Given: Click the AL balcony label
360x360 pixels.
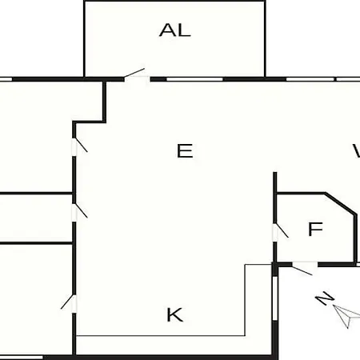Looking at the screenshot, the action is click(175, 30).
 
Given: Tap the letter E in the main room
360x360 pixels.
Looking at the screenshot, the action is click(185, 151).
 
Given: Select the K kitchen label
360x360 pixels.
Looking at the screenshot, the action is click(175, 314).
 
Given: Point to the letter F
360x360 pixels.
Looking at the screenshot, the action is click(315, 229).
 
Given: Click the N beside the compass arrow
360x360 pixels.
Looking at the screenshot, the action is click(325, 298).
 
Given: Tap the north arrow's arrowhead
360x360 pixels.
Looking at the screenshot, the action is click(346, 317).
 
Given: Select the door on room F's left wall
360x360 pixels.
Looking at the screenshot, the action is click(279, 231).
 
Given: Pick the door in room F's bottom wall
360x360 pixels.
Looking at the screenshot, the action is click(304, 268).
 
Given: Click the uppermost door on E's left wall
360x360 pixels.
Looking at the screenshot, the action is click(79, 146).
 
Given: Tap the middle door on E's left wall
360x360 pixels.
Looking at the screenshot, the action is click(79, 212).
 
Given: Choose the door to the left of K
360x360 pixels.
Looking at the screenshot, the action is click(69, 303).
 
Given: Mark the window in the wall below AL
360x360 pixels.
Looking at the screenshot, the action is click(194, 79).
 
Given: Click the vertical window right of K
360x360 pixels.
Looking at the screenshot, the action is click(275, 298).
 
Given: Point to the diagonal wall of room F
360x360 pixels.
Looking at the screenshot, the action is click(341, 203).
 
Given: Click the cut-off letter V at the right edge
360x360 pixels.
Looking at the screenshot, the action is click(357, 150).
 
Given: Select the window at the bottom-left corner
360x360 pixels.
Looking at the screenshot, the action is click(22, 358).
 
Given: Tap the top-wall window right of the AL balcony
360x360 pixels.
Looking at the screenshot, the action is click(310, 79).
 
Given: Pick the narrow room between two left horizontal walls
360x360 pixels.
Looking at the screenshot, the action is click(36, 218).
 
